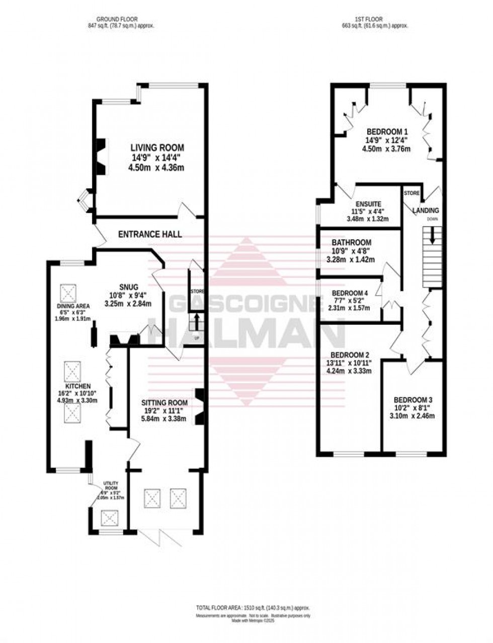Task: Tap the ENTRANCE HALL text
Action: pos(150,234)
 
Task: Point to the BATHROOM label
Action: pos(352,242)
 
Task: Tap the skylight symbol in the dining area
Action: pos(69,292)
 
